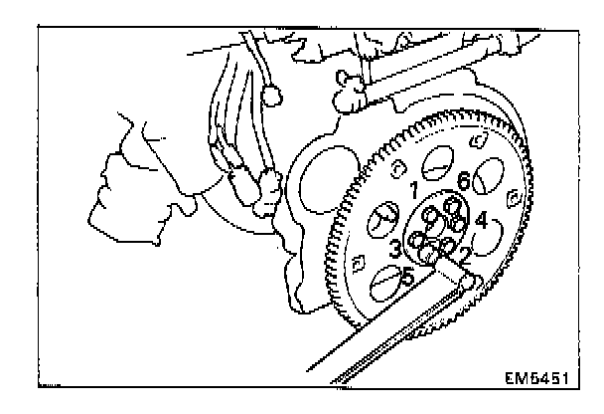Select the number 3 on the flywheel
[393, 248]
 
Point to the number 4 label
[480, 220]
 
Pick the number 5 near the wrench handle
[407, 278]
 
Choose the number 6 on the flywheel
[463, 182]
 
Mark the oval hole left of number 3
[376, 225]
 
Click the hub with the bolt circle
[436, 229]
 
